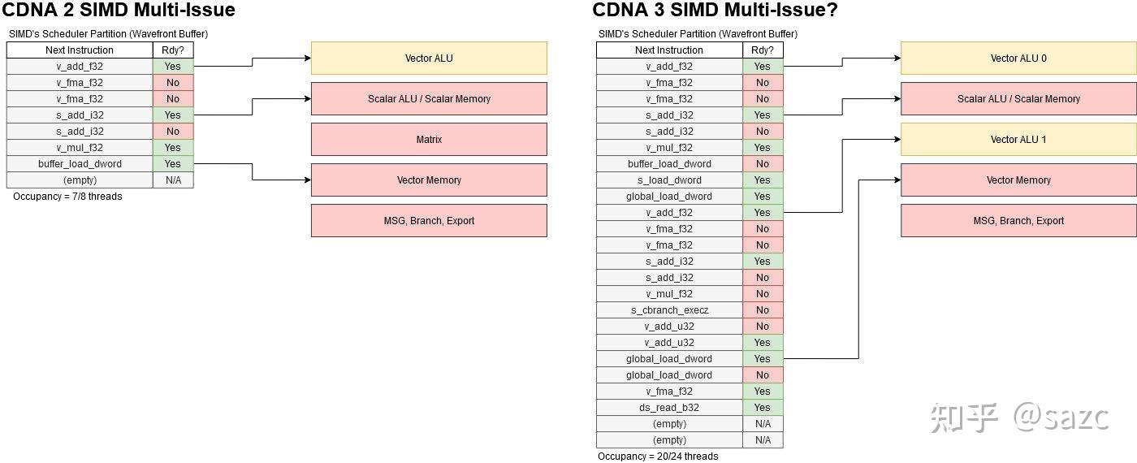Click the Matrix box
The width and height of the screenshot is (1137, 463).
click(429, 140)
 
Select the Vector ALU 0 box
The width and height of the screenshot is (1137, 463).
click(1018, 58)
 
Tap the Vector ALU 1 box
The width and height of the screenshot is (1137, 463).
click(1018, 140)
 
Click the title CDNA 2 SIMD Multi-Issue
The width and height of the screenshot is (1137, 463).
click(120, 11)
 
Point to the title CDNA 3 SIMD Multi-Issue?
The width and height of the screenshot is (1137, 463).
click(715, 11)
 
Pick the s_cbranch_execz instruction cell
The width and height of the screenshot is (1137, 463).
click(669, 310)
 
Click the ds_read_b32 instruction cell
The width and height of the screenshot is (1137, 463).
click(669, 408)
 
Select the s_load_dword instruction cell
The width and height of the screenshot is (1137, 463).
click(669, 180)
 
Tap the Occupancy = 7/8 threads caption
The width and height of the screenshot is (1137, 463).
click(67, 197)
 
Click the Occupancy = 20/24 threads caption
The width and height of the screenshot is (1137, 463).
click(658, 457)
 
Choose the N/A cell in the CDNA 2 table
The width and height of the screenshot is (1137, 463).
click(173, 180)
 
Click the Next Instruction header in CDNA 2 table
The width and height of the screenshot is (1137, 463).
click(80, 50)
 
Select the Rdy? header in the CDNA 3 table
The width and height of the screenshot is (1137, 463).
click(762, 50)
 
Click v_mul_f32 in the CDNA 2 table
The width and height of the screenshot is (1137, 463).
click(80, 148)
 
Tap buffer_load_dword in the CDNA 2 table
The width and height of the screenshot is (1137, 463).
click(80, 164)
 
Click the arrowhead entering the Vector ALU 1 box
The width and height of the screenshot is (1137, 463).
click(897, 140)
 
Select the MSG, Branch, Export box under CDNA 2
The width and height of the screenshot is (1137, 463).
click(429, 221)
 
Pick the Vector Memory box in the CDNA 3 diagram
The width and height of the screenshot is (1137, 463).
click(1018, 180)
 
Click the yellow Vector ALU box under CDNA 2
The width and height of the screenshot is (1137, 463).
click(429, 58)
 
